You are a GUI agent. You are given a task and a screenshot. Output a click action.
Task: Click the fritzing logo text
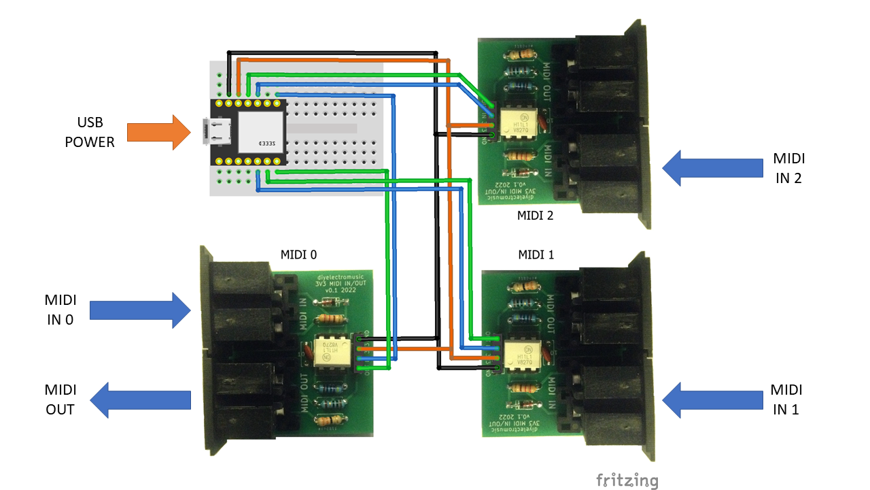pyautogui.click(x=627, y=480)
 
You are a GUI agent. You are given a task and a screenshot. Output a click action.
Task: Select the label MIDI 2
pyautogui.click(x=536, y=216)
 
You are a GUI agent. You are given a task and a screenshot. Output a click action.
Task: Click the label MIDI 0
pyautogui.click(x=299, y=255)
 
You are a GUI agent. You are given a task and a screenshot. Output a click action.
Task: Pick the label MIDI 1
pyautogui.click(x=536, y=255)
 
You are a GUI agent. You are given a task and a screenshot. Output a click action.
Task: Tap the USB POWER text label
pyautogui.click(x=90, y=132)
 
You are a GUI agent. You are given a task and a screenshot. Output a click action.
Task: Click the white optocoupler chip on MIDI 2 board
pyautogui.click(x=516, y=122)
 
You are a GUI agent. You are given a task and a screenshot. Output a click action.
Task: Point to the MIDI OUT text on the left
pyautogui.click(x=60, y=399)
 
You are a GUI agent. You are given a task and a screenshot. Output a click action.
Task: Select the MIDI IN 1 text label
pyautogui.click(x=786, y=399)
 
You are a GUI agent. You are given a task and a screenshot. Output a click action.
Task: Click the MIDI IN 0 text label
pyautogui.click(x=60, y=309)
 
